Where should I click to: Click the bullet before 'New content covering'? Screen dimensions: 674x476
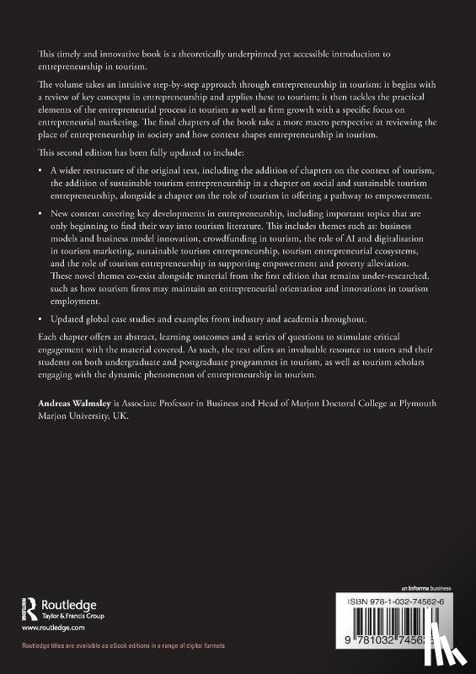[x=41, y=218]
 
